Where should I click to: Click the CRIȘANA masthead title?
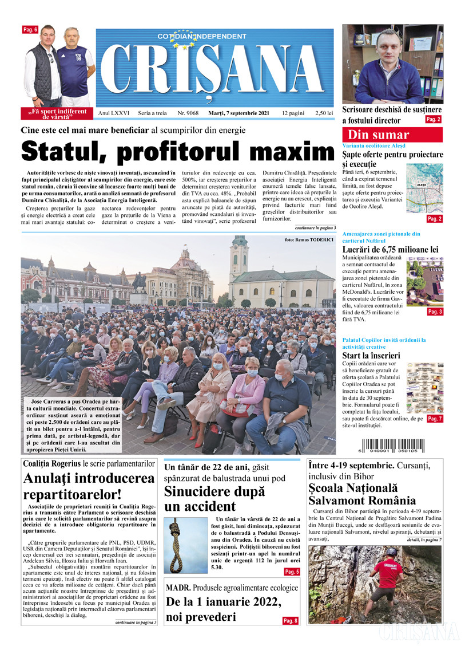tap(214, 68)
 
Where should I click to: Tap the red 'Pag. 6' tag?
tap(30, 29)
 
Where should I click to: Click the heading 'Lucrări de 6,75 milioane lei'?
tap(390, 250)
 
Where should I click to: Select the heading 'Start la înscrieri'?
tap(371, 356)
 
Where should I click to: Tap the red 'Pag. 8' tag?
tap(290, 621)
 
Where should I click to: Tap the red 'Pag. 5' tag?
tap(292, 572)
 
